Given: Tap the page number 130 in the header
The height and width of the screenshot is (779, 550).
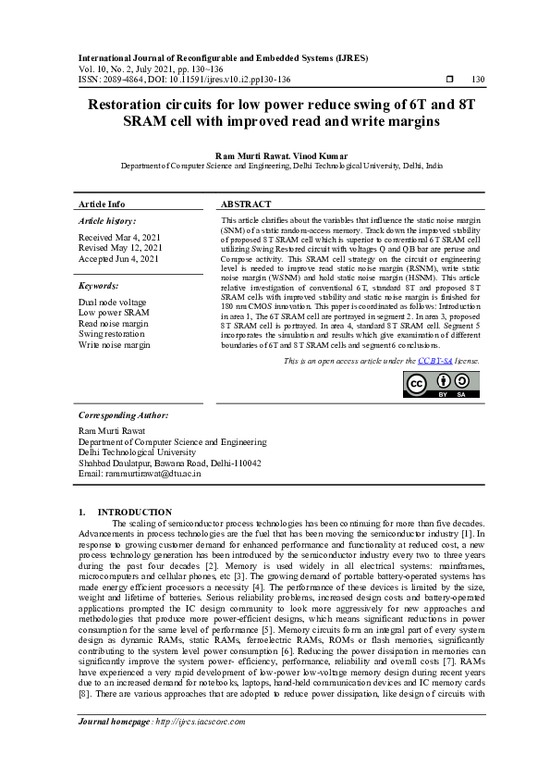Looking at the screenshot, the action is click(x=478, y=80).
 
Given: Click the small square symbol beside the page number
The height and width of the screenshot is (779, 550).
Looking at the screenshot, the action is click(x=448, y=80).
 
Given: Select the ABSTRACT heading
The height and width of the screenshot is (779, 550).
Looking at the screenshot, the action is click(x=246, y=204).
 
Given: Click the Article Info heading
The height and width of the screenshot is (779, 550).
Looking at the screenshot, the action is click(x=102, y=204).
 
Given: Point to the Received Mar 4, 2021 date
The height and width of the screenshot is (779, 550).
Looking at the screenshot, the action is click(x=120, y=238).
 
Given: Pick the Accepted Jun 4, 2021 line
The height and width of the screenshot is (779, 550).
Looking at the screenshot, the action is click(x=119, y=259).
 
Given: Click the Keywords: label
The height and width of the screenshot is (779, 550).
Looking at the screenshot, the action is click(x=99, y=287).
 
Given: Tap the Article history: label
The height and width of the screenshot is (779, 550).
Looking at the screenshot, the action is click(x=107, y=222).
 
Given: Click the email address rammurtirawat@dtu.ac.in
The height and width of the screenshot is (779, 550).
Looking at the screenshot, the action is click(x=140, y=473).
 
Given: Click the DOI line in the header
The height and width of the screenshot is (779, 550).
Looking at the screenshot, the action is click(x=185, y=80).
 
